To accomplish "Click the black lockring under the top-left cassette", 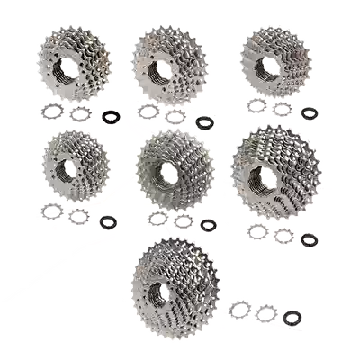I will tap(112, 116).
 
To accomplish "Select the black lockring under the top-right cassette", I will tap(310, 113).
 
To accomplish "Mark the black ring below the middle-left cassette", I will tap(109, 220).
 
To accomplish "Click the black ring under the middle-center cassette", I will tap(209, 223).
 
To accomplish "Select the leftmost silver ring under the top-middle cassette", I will tap(147, 112).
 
